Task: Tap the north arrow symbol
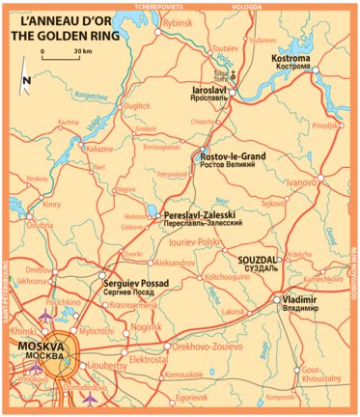pos(29,83)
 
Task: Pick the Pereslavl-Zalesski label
pos(201,213)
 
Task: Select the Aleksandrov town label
pos(174,263)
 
